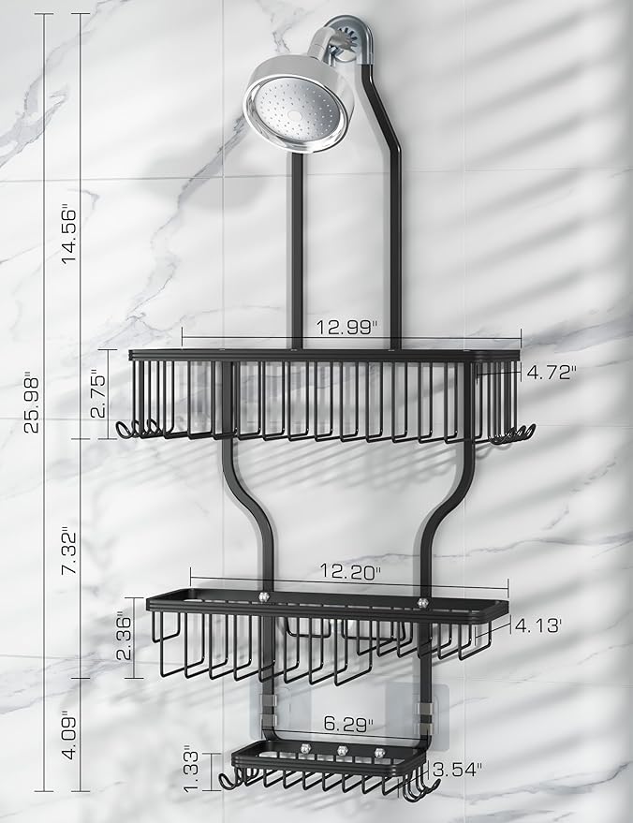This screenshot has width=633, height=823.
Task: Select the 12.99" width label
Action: (x=347, y=328)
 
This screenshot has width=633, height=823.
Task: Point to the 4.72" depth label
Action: (x=551, y=372)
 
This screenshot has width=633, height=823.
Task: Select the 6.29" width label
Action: (x=344, y=724)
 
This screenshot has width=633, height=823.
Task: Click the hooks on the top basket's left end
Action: (x=140, y=430)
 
